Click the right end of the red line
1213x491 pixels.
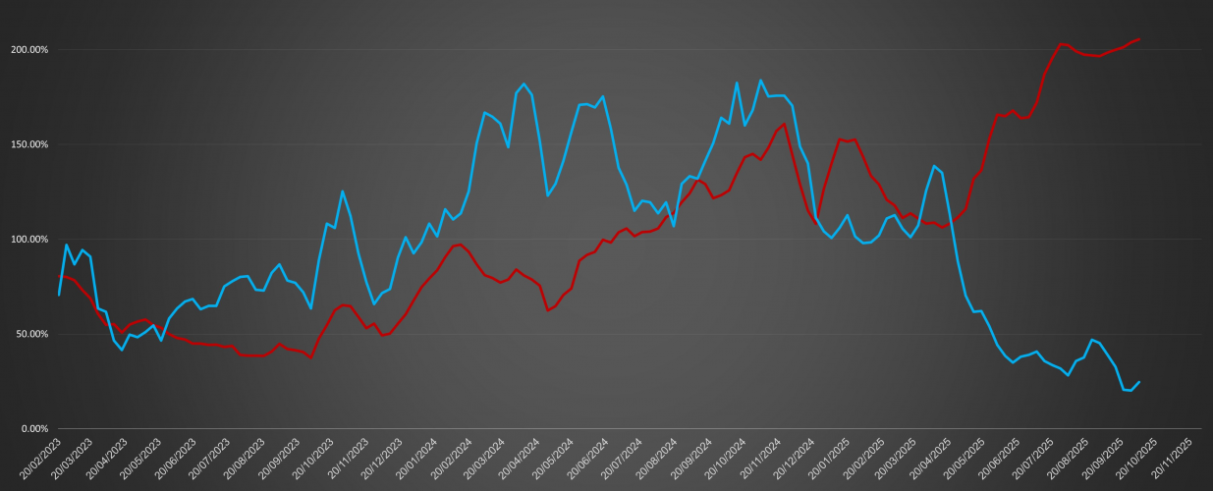pyautogui.click(x=1139, y=39)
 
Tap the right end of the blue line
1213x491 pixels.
pyautogui.click(x=1139, y=382)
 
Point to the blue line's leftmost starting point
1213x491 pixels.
pyautogui.click(x=59, y=295)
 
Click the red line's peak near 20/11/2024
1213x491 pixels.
pyautogui.click(x=784, y=124)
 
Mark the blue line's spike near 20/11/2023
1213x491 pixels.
pyautogui.click(x=342, y=191)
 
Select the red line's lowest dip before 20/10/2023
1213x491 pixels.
pyautogui.click(x=311, y=357)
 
